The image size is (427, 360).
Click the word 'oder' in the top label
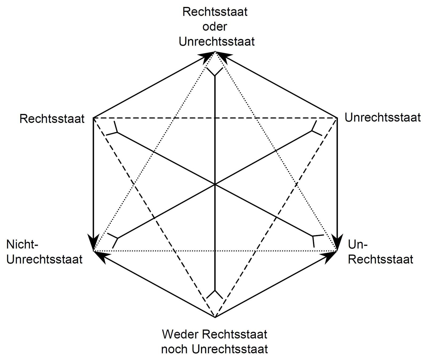[215, 27]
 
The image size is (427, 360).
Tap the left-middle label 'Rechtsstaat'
[52, 119]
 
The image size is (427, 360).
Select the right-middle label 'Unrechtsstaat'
[382, 117]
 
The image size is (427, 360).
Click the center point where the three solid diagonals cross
[215, 184]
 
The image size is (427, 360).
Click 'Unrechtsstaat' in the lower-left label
[44, 259]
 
